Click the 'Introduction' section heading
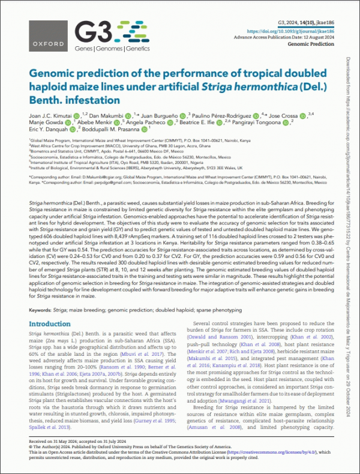[x=50, y=324]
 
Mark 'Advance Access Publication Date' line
[x=299, y=36]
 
